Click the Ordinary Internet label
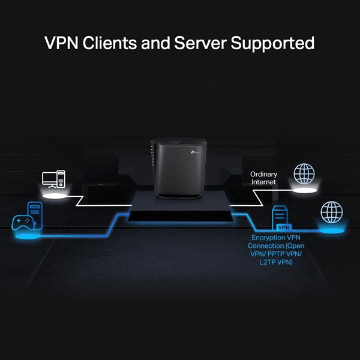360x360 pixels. click(x=263, y=178)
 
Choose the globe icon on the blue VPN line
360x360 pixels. click(x=331, y=212)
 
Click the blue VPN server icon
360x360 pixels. click(x=281, y=219)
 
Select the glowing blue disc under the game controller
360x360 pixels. click(x=24, y=238)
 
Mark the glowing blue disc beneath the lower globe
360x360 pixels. click(x=331, y=230)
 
